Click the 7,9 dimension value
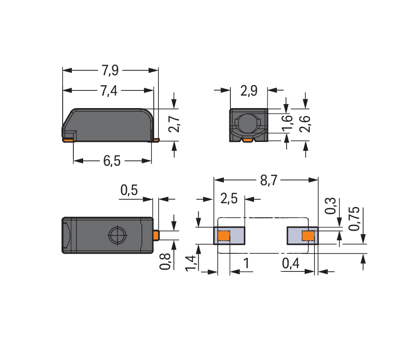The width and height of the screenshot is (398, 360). [110, 71]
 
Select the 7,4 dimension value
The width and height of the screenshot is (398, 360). [109, 91]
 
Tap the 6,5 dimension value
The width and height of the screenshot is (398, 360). [111, 161]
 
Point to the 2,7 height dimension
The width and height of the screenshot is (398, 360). [174, 124]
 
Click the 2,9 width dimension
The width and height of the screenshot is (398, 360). [249, 91]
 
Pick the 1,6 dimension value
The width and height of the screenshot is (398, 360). [287, 124]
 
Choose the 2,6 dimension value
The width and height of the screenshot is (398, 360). [305, 124]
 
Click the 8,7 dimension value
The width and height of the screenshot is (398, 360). [268, 180]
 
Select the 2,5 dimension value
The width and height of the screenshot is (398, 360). [229, 198]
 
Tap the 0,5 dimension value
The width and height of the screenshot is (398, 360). [129, 190]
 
